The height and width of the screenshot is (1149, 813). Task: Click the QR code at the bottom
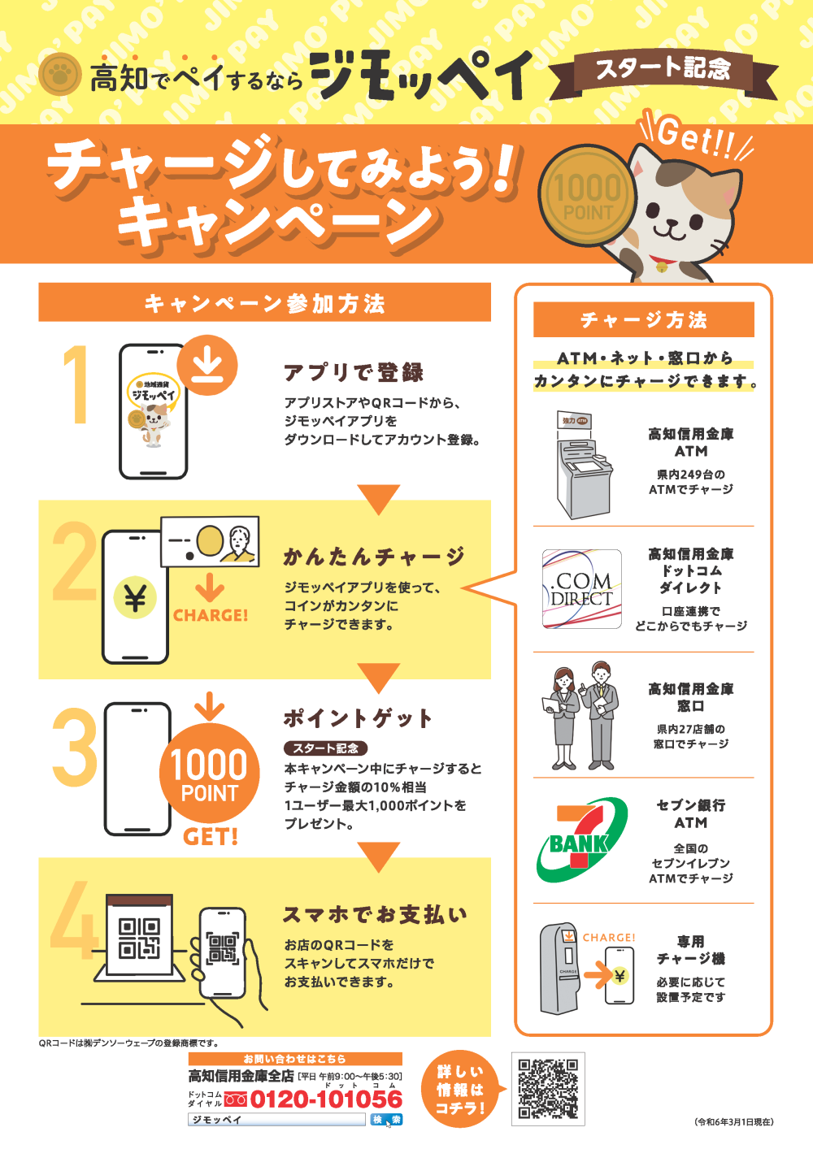click(548, 1089)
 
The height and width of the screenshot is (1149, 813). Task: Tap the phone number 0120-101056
click(326, 1099)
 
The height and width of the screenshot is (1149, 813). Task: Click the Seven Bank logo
click(581, 839)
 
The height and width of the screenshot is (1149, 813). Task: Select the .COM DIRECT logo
click(581, 588)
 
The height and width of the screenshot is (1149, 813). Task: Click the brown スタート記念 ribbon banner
click(663, 69)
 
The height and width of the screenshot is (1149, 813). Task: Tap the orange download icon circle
click(207, 364)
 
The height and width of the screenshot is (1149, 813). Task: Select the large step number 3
click(75, 747)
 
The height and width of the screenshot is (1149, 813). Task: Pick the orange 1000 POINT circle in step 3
click(210, 774)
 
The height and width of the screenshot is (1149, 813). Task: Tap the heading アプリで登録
click(354, 372)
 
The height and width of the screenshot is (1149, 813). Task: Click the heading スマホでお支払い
click(375, 915)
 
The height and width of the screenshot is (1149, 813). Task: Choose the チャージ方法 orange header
click(643, 319)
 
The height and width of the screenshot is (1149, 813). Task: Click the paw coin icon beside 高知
click(59, 76)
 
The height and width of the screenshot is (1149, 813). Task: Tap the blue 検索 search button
click(387, 1119)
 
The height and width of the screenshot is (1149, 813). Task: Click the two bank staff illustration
click(581, 715)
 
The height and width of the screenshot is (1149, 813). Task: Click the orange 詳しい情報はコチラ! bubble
click(460, 1090)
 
